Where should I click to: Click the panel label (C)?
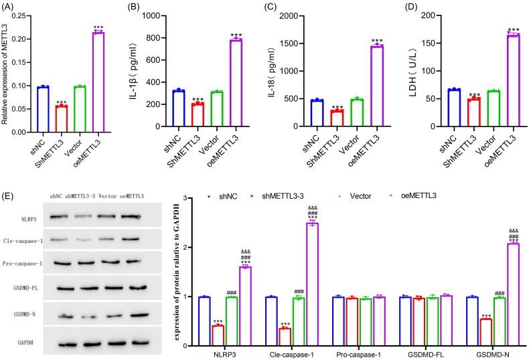point(273,6)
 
